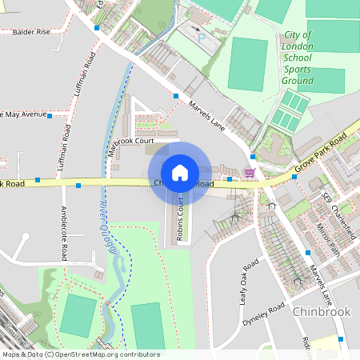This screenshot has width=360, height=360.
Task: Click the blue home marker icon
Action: tap(180, 172)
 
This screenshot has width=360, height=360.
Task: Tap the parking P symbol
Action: tap(202, 37)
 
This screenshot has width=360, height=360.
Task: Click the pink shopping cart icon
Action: tap(250, 172)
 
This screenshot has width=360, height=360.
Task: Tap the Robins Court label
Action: tap(181, 219)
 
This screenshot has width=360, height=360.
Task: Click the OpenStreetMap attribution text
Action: tap(80, 354)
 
